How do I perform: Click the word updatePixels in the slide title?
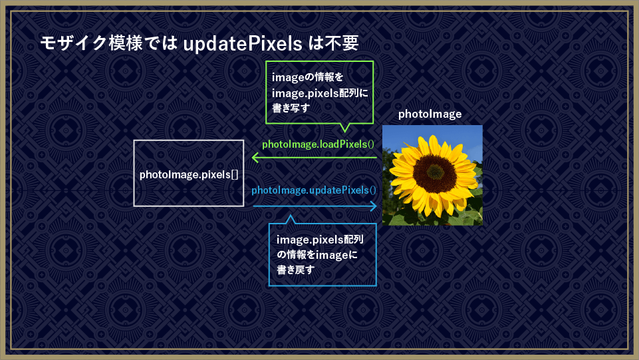coord(243,44)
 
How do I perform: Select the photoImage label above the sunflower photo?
coord(430,114)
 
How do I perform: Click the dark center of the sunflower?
coord(434,173)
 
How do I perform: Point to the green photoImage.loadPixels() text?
coord(318,144)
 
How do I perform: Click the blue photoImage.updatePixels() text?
coord(314,190)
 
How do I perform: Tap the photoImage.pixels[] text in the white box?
coord(189,175)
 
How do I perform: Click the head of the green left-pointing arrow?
coord(255,157)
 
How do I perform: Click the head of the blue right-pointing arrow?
coord(373,206)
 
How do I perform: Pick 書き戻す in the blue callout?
coord(295,270)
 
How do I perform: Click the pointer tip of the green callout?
coord(344,132)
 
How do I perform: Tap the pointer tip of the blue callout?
coord(290,216)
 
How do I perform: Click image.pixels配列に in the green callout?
coord(320,93)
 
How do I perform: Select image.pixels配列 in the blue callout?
coord(320,240)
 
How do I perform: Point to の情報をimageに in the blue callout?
coord(317,255)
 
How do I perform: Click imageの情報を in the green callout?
coord(308,77)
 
